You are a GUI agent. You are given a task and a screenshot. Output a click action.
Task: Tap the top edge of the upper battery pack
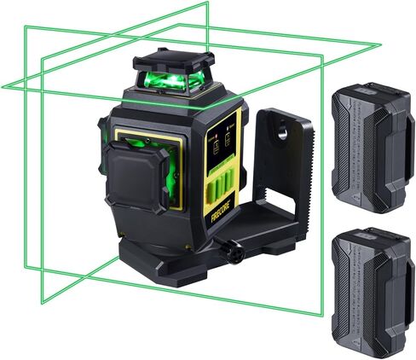tap(367, 85)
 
